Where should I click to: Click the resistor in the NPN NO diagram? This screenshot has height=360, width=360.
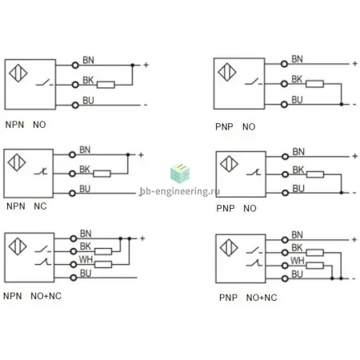tap(106, 85)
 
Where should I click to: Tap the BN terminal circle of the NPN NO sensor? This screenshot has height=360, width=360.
tap(75, 65)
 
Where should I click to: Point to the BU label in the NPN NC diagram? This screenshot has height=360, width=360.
tap(85, 189)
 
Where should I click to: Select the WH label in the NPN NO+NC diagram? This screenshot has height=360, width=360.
tap(86, 259)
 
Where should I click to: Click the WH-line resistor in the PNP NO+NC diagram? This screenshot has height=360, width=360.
tap(315, 266)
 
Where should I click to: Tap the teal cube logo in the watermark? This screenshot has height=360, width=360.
tap(180, 173)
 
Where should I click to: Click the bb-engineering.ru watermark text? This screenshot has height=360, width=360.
tap(180, 191)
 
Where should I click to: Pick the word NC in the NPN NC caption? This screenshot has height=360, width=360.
tap(40, 206)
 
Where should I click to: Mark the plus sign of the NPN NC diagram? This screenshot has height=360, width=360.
tap(141, 155)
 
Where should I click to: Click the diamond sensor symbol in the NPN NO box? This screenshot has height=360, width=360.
tap(18, 73)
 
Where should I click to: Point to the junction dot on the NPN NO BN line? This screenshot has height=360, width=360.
tap(133, 65)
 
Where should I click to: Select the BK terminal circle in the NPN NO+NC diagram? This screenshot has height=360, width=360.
tap(74, 251)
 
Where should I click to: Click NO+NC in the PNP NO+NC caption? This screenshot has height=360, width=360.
tap(262, 298)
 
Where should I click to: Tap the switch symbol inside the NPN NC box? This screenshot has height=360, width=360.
tap(41, 171)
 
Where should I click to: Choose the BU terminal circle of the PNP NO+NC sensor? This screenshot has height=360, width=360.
tap(285, 278)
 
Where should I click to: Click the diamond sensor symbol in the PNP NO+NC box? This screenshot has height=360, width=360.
tap(229, 247)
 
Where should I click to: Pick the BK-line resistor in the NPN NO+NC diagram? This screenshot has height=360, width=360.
tap(103, 251)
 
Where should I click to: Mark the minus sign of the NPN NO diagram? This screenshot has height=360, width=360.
tap(146, 105)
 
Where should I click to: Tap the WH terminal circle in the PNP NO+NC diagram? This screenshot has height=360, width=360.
tap(285, 266)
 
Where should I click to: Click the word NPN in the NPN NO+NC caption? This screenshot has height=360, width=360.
tap(13, 296)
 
